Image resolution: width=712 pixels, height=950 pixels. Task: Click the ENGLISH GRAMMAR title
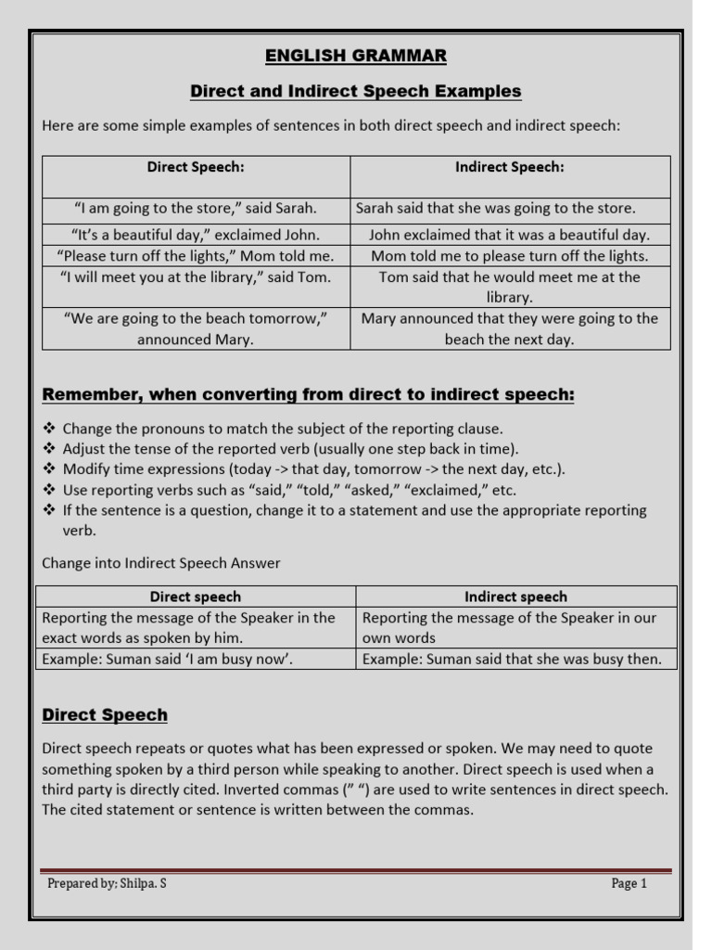click(356, 56)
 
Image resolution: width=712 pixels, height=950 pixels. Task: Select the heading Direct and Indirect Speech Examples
click(356, 91)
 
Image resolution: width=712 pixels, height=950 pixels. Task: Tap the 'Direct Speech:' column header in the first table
click(196, 167)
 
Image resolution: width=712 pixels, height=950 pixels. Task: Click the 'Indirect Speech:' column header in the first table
click(510, 167)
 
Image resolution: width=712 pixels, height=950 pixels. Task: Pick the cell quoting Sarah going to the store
click(196, 208)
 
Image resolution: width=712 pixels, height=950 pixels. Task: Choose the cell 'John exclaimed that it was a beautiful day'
click(510, 235)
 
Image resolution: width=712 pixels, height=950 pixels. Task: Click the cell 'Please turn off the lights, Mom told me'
click(196, 256)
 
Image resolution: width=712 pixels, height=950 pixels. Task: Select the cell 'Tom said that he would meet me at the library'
click(510, 287)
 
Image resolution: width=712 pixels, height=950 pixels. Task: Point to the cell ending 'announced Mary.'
click(196, 328)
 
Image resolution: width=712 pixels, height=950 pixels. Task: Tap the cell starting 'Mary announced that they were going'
click(510, 328)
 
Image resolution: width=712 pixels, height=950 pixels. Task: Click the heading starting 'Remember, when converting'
click(309, 395)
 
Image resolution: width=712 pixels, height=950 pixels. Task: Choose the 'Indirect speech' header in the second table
click(515, 597)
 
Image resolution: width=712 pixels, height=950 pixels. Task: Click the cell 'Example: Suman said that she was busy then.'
click(512, 659)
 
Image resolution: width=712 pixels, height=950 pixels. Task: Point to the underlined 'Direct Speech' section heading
click(106, 715)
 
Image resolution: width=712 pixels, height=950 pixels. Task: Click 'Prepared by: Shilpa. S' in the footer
click(108, 883)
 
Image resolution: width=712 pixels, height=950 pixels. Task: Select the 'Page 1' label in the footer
click(629, 883)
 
